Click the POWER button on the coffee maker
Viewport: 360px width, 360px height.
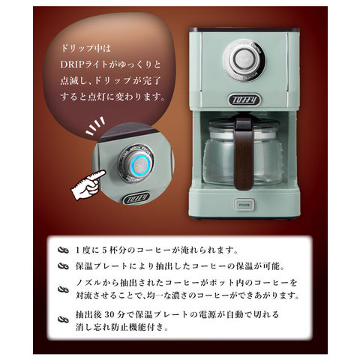coord(243,205)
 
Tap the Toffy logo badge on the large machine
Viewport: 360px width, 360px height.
coord(244,100)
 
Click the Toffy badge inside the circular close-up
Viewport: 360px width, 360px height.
coord(136,198)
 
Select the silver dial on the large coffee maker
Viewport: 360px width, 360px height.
coord(244,60)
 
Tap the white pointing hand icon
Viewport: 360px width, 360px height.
coord(88,185)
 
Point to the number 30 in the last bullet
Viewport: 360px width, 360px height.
coord(110,314)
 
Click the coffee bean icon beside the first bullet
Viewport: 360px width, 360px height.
coord(63,250)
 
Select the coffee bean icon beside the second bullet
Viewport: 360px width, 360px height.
coord(63,266)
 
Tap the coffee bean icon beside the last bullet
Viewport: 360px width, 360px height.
coord(63,319)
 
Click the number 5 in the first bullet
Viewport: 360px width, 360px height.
coord(104,250)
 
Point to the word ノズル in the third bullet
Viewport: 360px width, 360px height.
coord(88,283)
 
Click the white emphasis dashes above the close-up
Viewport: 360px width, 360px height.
coord(95,126)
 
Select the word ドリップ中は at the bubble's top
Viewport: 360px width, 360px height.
coord(85,49)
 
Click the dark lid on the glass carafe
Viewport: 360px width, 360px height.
coord(244,122)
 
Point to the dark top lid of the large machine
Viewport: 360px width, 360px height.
coord(244,29)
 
